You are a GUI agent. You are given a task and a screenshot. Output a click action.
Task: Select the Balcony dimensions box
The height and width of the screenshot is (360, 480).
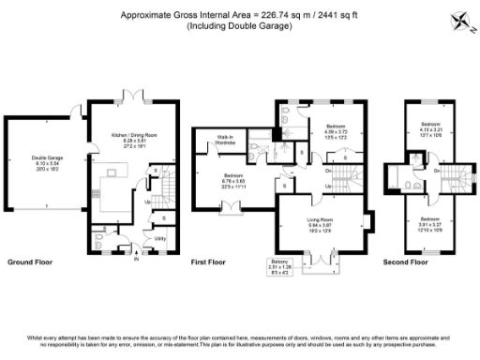coord(278,268)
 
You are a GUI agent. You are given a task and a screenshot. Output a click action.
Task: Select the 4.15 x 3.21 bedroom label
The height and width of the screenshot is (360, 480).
coord(430,128)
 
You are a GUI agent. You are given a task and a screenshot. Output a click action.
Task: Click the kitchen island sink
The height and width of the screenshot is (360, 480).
coord(116,172)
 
